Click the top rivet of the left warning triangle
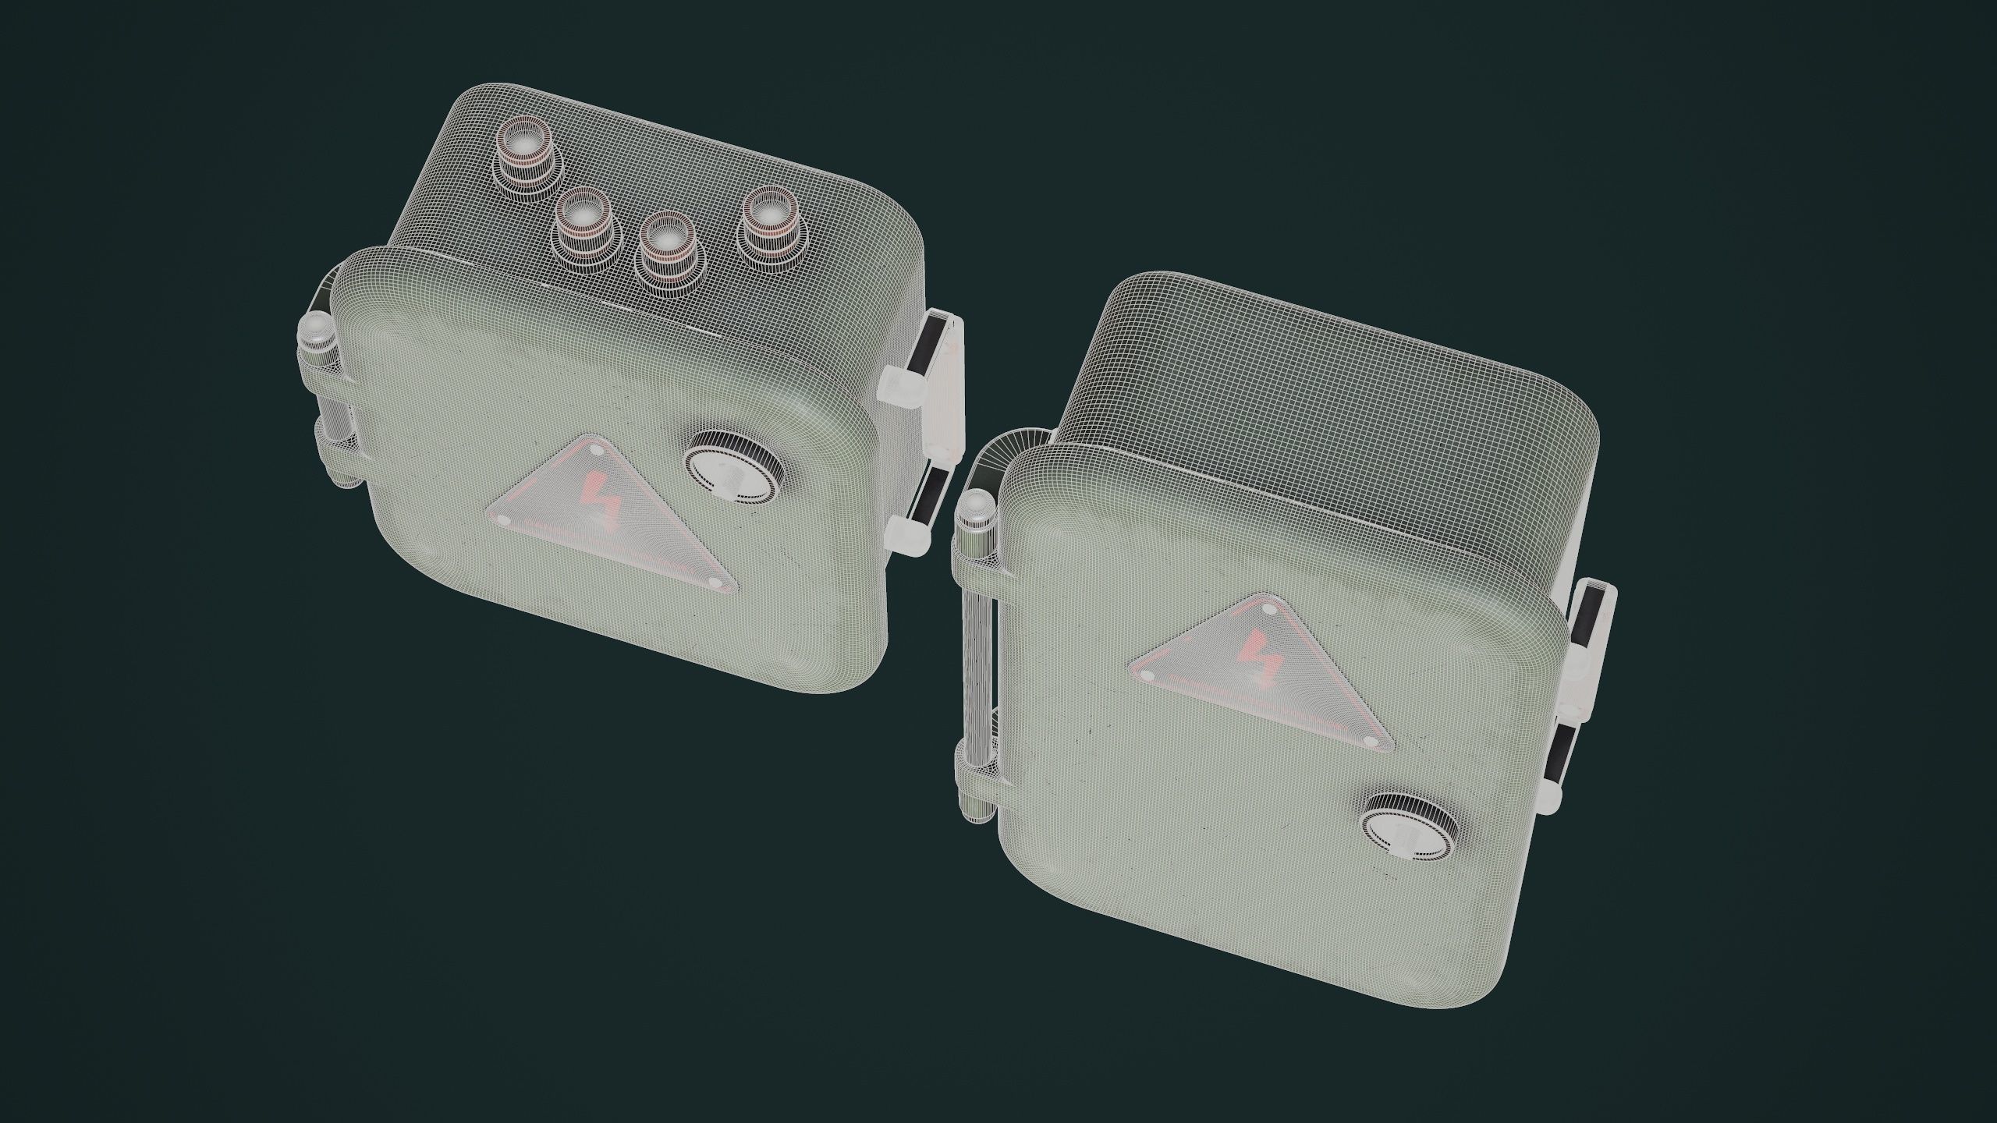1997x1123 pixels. [596, 451]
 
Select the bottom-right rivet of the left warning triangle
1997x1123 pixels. [715, 582]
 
